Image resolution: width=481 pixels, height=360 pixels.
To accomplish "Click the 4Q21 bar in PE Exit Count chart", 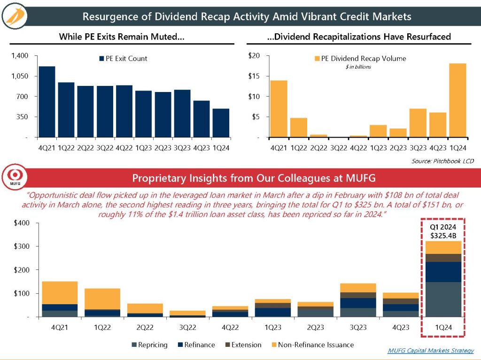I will [x=47, y=102].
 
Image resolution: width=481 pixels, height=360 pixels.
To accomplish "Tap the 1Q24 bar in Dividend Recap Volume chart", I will [x=457, y=100].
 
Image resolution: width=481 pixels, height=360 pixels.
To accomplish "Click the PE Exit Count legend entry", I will [x=123, y=59].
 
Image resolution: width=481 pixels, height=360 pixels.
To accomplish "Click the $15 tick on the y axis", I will [x=254, y=76].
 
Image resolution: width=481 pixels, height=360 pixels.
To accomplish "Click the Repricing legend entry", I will [x=149, y=345].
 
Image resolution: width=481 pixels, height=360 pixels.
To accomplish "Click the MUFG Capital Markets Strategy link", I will [x=431, y=351].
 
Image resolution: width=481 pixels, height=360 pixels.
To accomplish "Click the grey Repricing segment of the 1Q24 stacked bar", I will [x=443, y=299].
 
